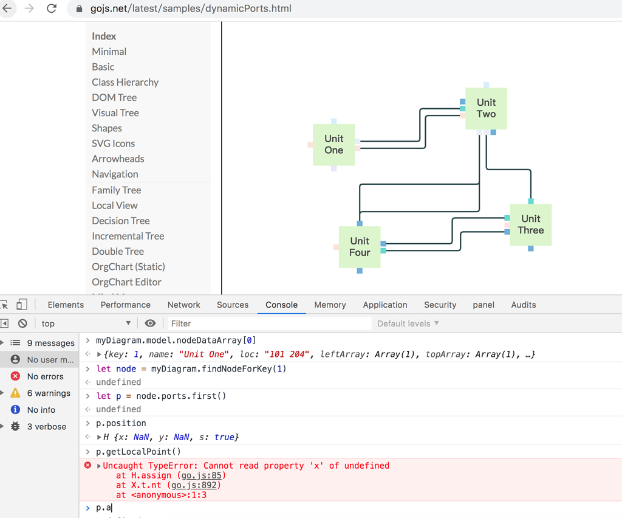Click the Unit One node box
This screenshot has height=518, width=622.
click(x=333, y=145)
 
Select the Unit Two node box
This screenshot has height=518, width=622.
click(x=486, y=108)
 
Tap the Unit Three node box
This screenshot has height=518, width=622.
click(x=530, y=224)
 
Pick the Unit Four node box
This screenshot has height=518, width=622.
click(x=360, y=247)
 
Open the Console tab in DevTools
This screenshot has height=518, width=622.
click(x=281, y=305)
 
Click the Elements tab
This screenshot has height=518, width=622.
click(x=66, y=305)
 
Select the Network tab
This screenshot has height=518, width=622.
click(x=183, y=305)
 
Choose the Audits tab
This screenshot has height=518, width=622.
click(x=523, y=305)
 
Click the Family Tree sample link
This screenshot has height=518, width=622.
click(x=116, y=190)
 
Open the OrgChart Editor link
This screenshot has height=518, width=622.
click(x=126, y=282)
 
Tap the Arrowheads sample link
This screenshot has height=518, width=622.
click(x=118, y=159)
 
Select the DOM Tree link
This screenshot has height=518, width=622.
click(x=114, y=97)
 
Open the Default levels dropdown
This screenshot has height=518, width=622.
click(x=408, y=323)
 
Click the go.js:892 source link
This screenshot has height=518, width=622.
click(x=196, y=485)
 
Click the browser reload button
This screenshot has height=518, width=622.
click(x=52, y=9)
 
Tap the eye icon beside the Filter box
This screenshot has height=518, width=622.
click(x=150, y=323)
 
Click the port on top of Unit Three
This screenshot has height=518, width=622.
click(x=531, y=201)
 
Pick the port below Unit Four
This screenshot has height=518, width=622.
click(x=360, y=271)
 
